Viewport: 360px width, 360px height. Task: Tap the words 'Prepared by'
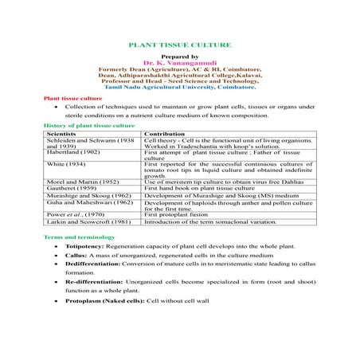179,56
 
